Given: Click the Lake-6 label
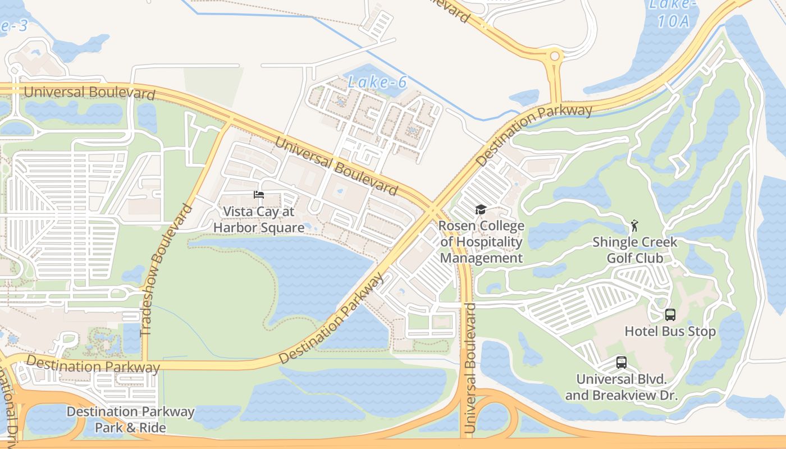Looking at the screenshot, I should click(377, 82).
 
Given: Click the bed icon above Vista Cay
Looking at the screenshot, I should click(258, 195).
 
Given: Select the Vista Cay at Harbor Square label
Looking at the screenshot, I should click(258, 219).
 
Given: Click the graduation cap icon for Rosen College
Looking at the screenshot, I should click(481, 210).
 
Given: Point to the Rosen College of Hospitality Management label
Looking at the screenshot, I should click(481, 242).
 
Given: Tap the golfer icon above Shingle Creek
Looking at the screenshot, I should click(634, 226).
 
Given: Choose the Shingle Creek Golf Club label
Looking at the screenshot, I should click(635, 250).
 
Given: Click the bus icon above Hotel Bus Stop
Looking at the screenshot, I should click(670, 315).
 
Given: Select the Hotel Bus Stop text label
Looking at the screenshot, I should click(670, 332).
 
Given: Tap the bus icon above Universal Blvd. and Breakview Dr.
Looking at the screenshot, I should click(622, 363).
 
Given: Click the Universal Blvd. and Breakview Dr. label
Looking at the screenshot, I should click(622, 387).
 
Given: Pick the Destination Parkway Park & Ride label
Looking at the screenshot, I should click(130, 419).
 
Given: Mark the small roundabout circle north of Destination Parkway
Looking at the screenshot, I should click(555, 56).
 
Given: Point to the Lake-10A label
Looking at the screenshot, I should click(672, 12).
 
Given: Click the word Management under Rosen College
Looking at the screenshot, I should click(481, 258).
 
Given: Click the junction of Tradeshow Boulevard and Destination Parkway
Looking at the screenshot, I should click(145, 365).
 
